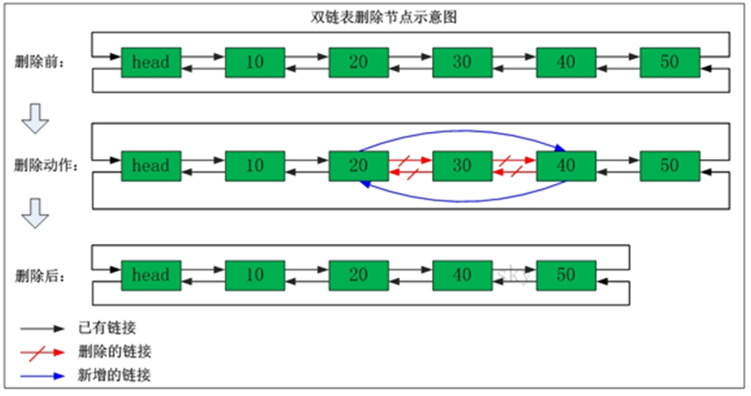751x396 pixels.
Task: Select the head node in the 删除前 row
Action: [x=151, y=62]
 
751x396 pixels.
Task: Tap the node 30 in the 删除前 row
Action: [x=463, y=62]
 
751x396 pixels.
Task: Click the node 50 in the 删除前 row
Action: [x=670, y=62]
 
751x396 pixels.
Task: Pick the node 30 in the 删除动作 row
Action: [x=463, y=166]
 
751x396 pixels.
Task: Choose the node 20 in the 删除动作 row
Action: [x=359, y=166]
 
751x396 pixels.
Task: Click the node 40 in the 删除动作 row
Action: [x=567, y=166]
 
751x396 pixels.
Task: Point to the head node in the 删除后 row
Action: [x=151, y=274]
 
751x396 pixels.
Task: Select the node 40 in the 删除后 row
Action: [x=463, y=274]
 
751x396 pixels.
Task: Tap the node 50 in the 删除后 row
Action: [x=567, y=274]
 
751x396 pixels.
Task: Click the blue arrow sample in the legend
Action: [x=45, y=375]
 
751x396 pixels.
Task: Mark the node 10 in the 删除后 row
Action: [x=256, y=274]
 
